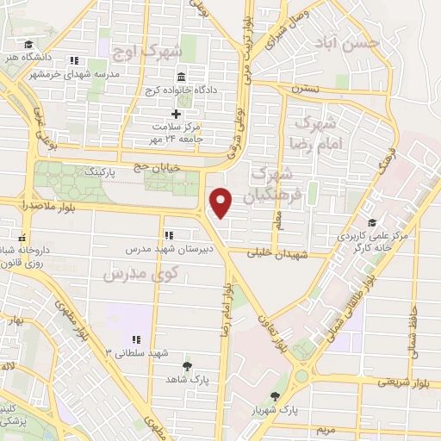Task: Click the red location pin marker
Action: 222,202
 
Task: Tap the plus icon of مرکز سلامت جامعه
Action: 176,113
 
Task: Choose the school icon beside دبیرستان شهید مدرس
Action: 169,234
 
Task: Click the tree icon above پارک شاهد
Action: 188,365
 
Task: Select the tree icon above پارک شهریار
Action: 275,396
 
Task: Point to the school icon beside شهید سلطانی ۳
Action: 135,339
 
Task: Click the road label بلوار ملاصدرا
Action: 43,204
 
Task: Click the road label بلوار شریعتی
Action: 403,380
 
